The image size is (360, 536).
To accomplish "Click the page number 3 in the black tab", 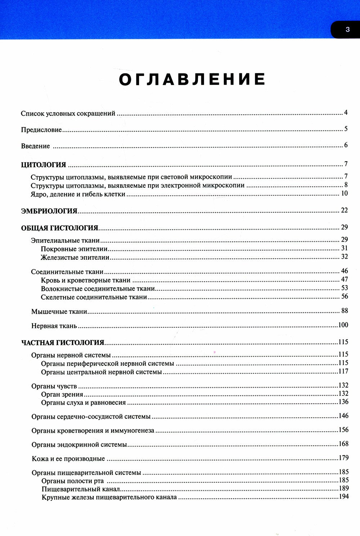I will pos(347,29).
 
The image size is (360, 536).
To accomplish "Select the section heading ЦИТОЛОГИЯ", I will pos(44,165).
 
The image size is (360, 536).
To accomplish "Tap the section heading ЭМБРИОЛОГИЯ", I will pos(49,211).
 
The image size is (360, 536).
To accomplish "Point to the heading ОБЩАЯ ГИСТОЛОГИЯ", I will pos(60,228).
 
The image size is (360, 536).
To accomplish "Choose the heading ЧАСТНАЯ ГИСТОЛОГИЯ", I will pos(63,343).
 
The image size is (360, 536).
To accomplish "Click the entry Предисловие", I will pos(41,130).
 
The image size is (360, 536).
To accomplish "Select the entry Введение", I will pos(35,146).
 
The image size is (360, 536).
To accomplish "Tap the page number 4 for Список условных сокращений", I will pos(346,113).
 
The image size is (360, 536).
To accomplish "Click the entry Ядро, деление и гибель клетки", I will pos(78,194).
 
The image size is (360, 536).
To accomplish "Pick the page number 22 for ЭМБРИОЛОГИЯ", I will pos(344,210).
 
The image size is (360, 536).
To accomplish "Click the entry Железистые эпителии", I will pos(75,258).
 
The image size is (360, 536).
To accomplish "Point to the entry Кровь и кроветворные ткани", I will pos(86,280).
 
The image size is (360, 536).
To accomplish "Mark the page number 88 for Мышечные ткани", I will pos(345,311).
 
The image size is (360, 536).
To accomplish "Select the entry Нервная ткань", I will pos(54,326).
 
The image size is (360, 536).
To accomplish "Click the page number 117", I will pos(343,371).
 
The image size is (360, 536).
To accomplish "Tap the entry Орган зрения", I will pos(62,395).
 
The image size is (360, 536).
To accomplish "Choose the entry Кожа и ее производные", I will pos(68,459).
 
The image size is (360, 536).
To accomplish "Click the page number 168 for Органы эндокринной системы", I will pos(343,444).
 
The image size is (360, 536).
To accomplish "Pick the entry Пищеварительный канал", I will pos(81,489).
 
